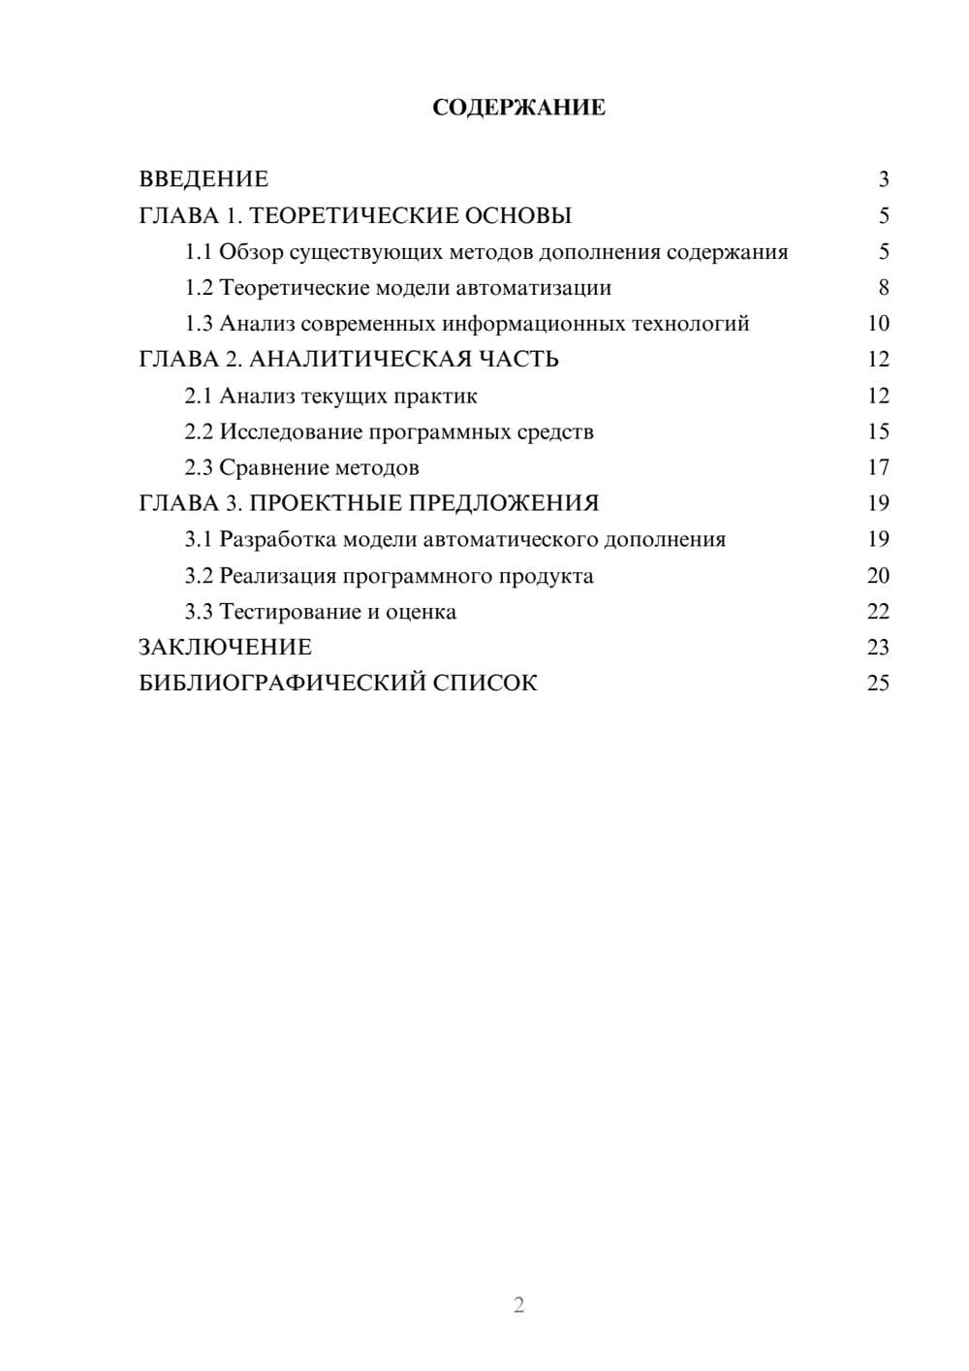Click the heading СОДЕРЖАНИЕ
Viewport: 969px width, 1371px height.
(x=518, y=108)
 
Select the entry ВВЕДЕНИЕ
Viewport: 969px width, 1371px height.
(x=203, y=179)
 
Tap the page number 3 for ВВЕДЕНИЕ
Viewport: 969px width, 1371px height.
(x=883, y=179)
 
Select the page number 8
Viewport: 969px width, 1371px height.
(x=883, y=288)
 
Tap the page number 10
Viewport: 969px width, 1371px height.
(x=878, y=324)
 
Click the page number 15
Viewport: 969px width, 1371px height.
(x=878, y=431)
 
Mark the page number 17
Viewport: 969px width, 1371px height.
(x=878, y=467)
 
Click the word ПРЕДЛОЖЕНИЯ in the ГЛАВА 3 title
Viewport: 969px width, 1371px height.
(x=503, y=503)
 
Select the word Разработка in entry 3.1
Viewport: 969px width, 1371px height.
(x=278, y=539)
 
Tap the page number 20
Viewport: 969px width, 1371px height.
(x=878, y=575)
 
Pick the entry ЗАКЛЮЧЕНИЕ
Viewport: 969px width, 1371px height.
(x=225, y=648)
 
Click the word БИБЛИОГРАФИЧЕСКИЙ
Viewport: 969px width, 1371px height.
(x=281, y=684)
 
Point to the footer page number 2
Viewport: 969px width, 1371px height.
(x=518, y=1305)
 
